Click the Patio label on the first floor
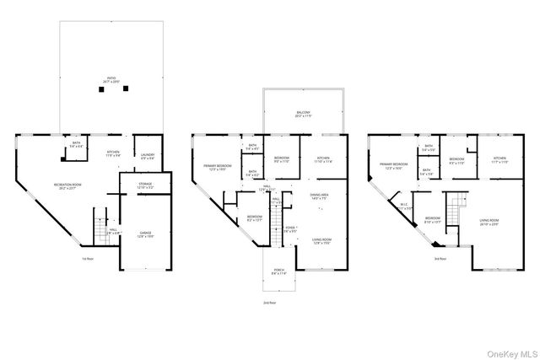click(111, 82)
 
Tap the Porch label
click(278, 271)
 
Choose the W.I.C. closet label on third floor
click(407, 208)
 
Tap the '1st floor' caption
click(87, 259)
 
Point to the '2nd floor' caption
click(270, 301)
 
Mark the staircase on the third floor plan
click(456, 207)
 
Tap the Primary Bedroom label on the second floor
click(219, 168)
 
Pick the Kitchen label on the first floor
click(114, 154)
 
